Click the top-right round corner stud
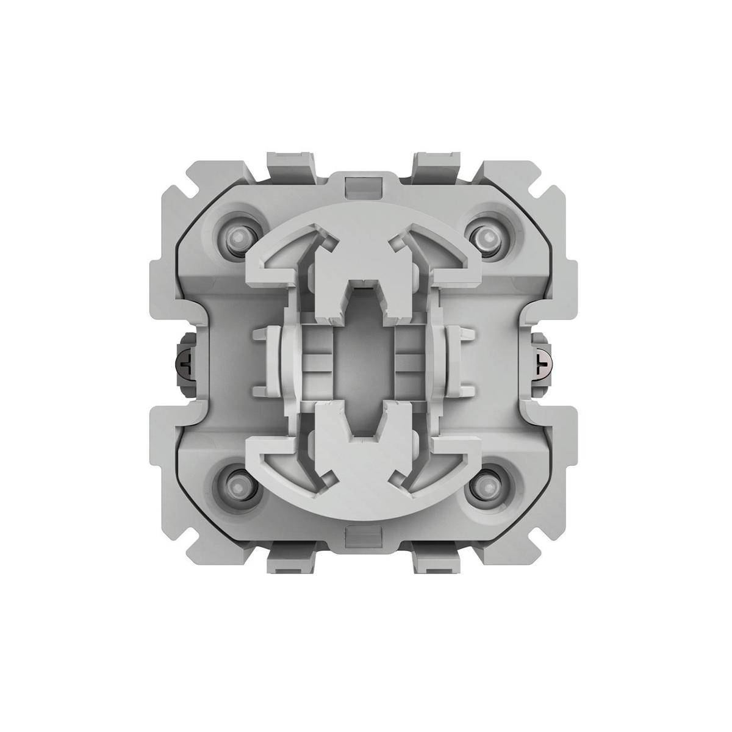pyautogui.click(x=486, y=235)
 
